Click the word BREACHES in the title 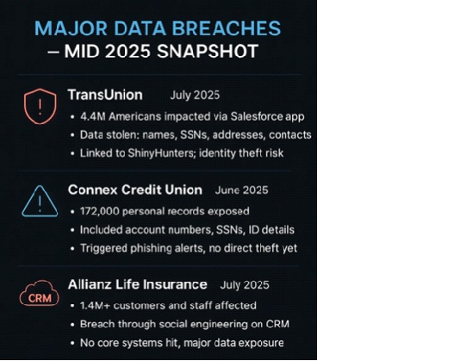pyautogui.click(x=227, y=28)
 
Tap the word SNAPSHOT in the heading pyautogui.click(x=208, y=52)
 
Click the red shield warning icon pyautogui.click(x=40, y=106)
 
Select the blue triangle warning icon pyautogui.click(x=40, y=202)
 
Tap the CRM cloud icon pyautogui.click(x=40, y=293)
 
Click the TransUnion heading pyautogui.click(x=105, y=95)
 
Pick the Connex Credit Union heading pyautogui.click(x=135, y=190)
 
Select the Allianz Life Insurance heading pyautogui.click(x=138, y=284)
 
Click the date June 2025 pyautogui.click(x=241, y=190)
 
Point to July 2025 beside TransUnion pyautogui.click(x=195, y=95)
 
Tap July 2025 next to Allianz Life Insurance pyautogui.click(x=245, y=285)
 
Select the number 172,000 pyautogui.click(x=100, y=212)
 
